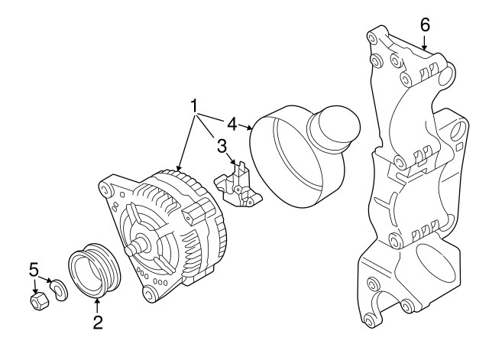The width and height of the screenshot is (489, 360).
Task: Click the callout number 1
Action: [194, 106]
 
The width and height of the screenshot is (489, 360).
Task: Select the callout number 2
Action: [98, 323]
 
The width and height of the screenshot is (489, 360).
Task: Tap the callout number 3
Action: [222, 146]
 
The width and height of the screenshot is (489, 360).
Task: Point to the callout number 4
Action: [232, 124]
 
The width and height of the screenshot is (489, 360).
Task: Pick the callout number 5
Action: [34, 269]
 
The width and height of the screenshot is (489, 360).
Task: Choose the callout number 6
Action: [426, 25]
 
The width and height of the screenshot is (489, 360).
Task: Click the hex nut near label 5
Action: [39, 301]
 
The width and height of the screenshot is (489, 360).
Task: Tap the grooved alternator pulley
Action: [94, 270]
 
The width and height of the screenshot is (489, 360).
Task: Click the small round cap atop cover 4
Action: [334, 128]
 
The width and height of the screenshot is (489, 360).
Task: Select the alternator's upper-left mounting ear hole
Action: [104, 190]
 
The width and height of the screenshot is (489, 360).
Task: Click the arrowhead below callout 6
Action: [425, 47]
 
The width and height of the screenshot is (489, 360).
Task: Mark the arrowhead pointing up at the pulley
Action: [97, 301]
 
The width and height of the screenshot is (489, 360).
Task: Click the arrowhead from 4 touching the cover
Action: [248, 128]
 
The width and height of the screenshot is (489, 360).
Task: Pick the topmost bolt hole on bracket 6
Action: [371, 37]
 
